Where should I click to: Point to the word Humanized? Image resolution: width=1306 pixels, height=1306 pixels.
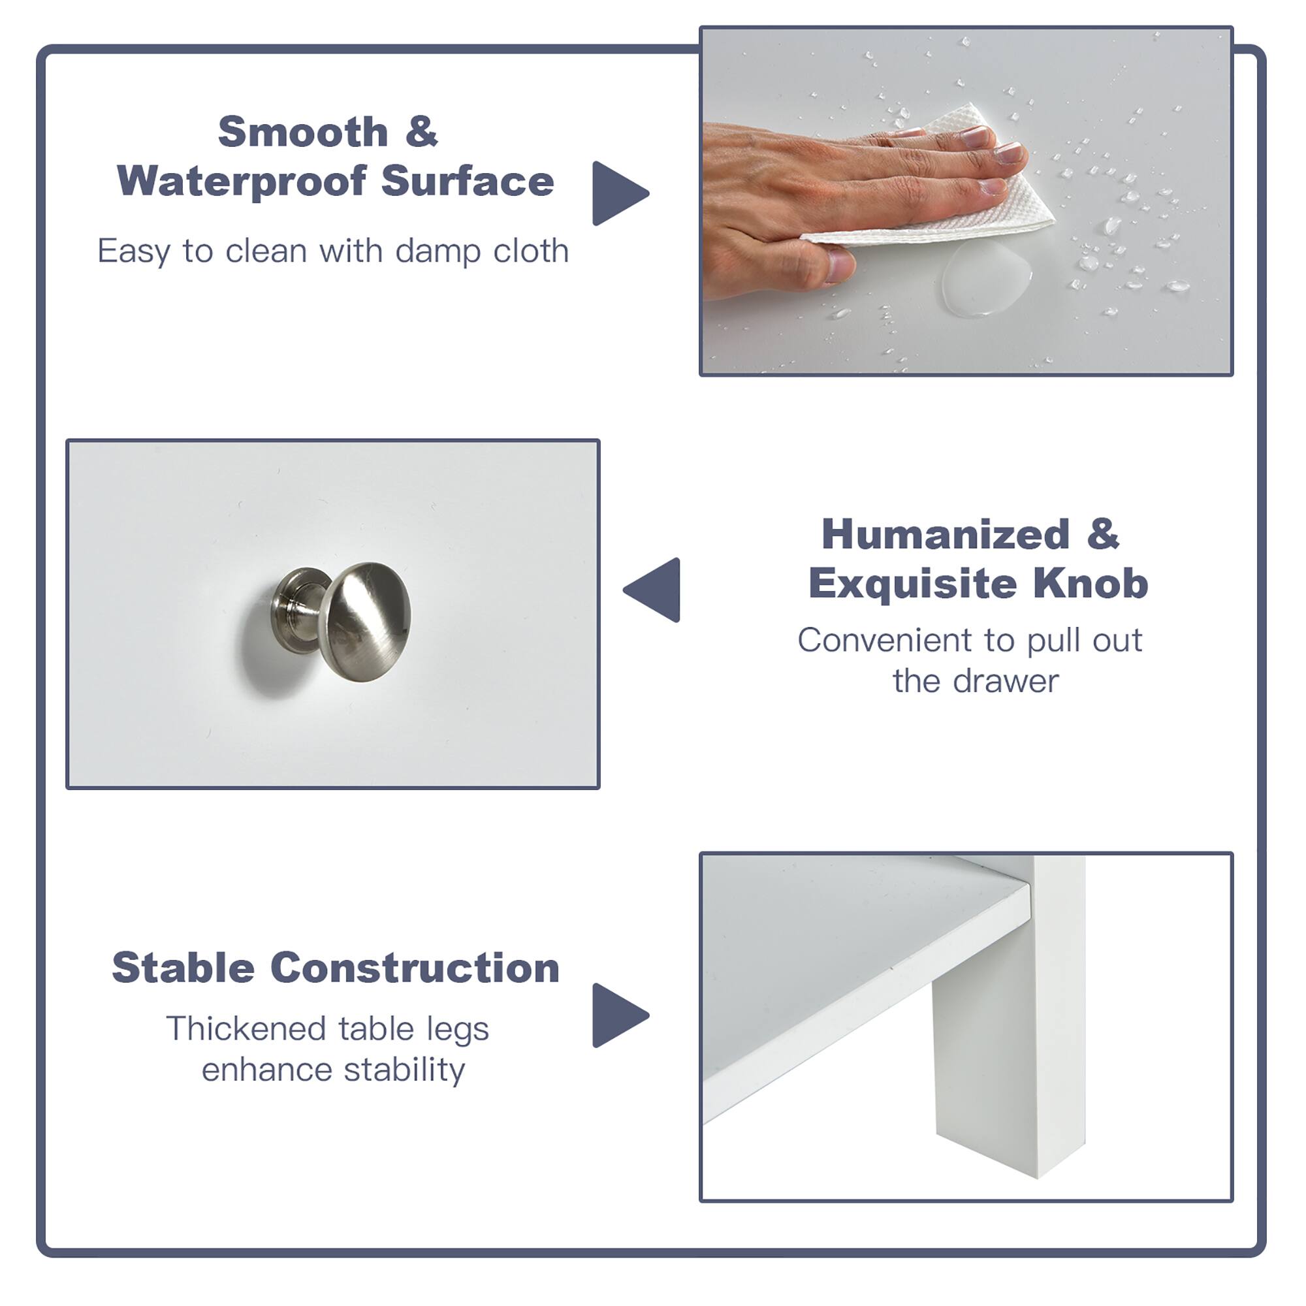(945, 535)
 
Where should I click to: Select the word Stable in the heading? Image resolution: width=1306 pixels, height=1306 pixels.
(183, 968)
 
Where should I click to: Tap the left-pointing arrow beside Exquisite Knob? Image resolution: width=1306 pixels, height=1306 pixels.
(654, 590)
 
